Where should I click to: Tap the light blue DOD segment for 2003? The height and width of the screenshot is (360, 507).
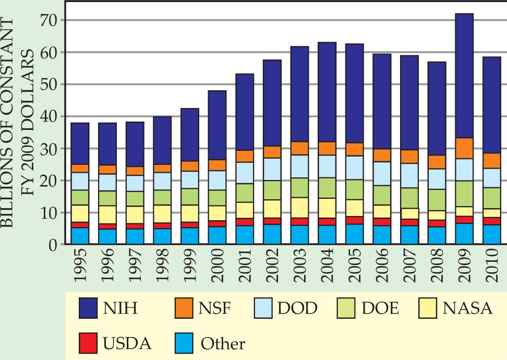pyautogui.click(x=299, y=166)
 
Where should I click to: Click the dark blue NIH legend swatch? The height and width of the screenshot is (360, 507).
pyautogui.click(x=93, y=308)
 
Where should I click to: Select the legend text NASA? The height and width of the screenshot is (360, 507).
pyautogui.click(x=467, y=308)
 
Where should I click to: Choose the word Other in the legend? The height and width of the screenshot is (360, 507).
pyautogui.click(x=223, y=344)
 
